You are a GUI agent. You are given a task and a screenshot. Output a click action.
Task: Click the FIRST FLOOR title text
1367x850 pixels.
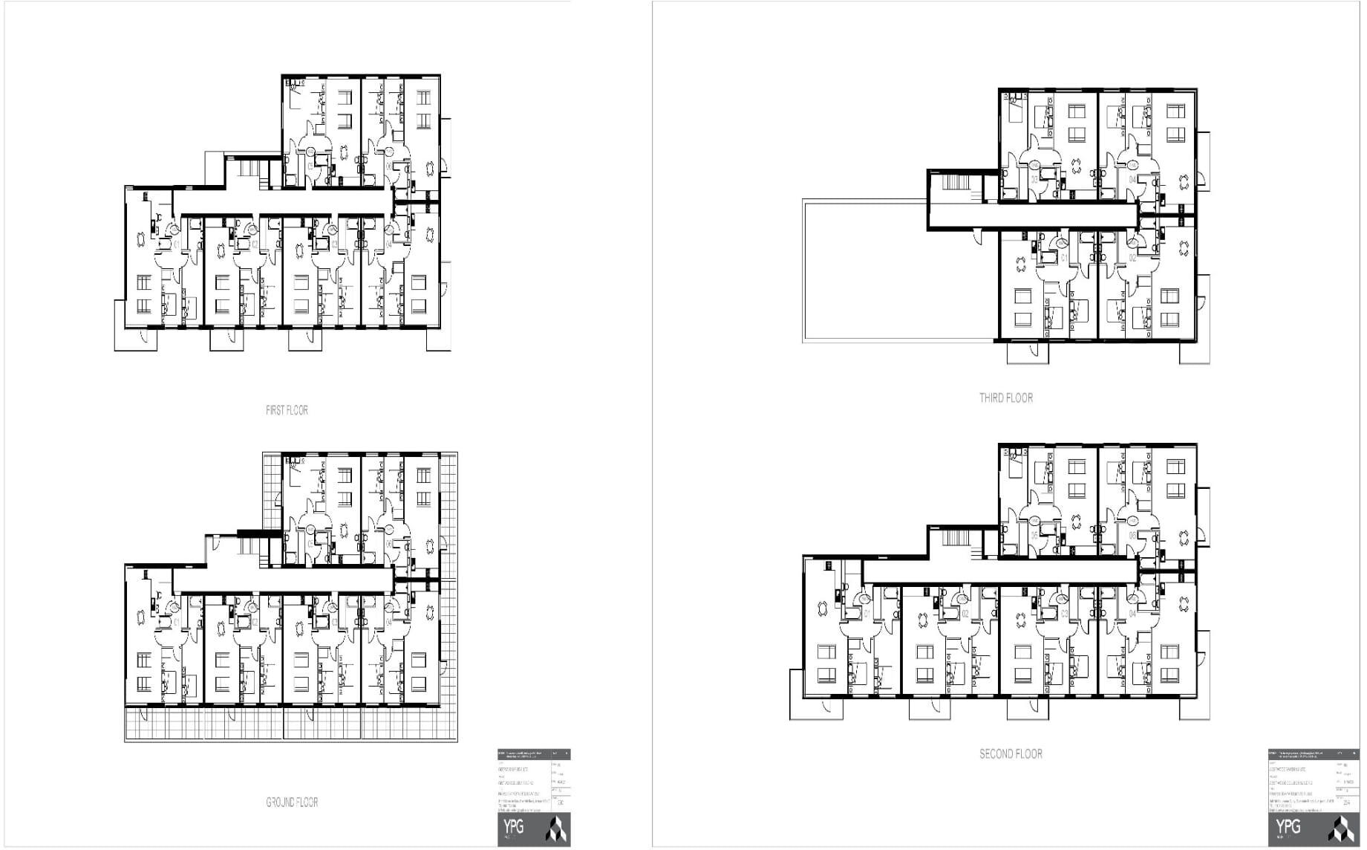point(287,410)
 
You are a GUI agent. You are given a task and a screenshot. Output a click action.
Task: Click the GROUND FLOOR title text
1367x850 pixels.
point(292,802)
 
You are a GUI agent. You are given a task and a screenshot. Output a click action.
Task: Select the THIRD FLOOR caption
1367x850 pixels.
point(1005,398)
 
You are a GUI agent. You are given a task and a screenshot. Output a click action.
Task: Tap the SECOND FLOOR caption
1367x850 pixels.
point(1011,754)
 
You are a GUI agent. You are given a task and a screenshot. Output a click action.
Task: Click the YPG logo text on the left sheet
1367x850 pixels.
point(513,827)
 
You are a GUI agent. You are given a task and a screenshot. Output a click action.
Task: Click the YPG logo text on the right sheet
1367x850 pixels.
point(1288,827)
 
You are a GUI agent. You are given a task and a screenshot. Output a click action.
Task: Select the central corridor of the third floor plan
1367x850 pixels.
point(1032,215)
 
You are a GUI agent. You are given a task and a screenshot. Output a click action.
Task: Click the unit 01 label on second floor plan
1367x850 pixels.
point(867,614)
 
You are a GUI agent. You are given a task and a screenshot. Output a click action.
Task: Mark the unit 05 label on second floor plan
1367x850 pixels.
point(1034,536)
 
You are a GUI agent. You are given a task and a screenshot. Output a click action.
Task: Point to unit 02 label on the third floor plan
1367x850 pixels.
point(1132,259)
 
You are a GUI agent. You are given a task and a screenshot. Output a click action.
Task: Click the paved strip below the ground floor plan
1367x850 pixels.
point(290,724)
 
